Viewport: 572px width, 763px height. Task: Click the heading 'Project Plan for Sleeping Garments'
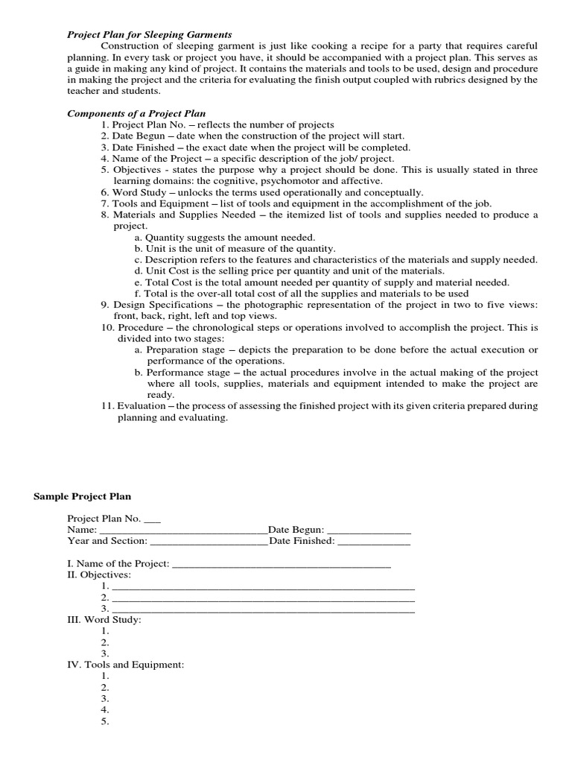[x=150, y=35]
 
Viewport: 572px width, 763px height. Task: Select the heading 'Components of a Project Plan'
[x=137, y=113]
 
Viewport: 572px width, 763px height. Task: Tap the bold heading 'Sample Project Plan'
[x=82, y=496]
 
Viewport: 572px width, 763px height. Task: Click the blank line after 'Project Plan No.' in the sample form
[x=152, y=519]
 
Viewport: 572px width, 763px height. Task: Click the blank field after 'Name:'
[x=182, y=530]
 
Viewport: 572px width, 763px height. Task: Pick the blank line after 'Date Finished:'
[x=374, y=541]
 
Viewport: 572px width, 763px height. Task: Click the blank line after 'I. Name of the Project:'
[x=282, y=563]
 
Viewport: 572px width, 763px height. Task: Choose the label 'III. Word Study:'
[x=104, y=619]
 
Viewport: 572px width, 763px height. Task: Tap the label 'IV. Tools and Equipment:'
[x=125, y=664]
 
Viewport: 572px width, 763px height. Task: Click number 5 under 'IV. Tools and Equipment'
[x=104, y=721]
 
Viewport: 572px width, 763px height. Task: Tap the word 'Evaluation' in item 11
[x=142, y=406]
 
